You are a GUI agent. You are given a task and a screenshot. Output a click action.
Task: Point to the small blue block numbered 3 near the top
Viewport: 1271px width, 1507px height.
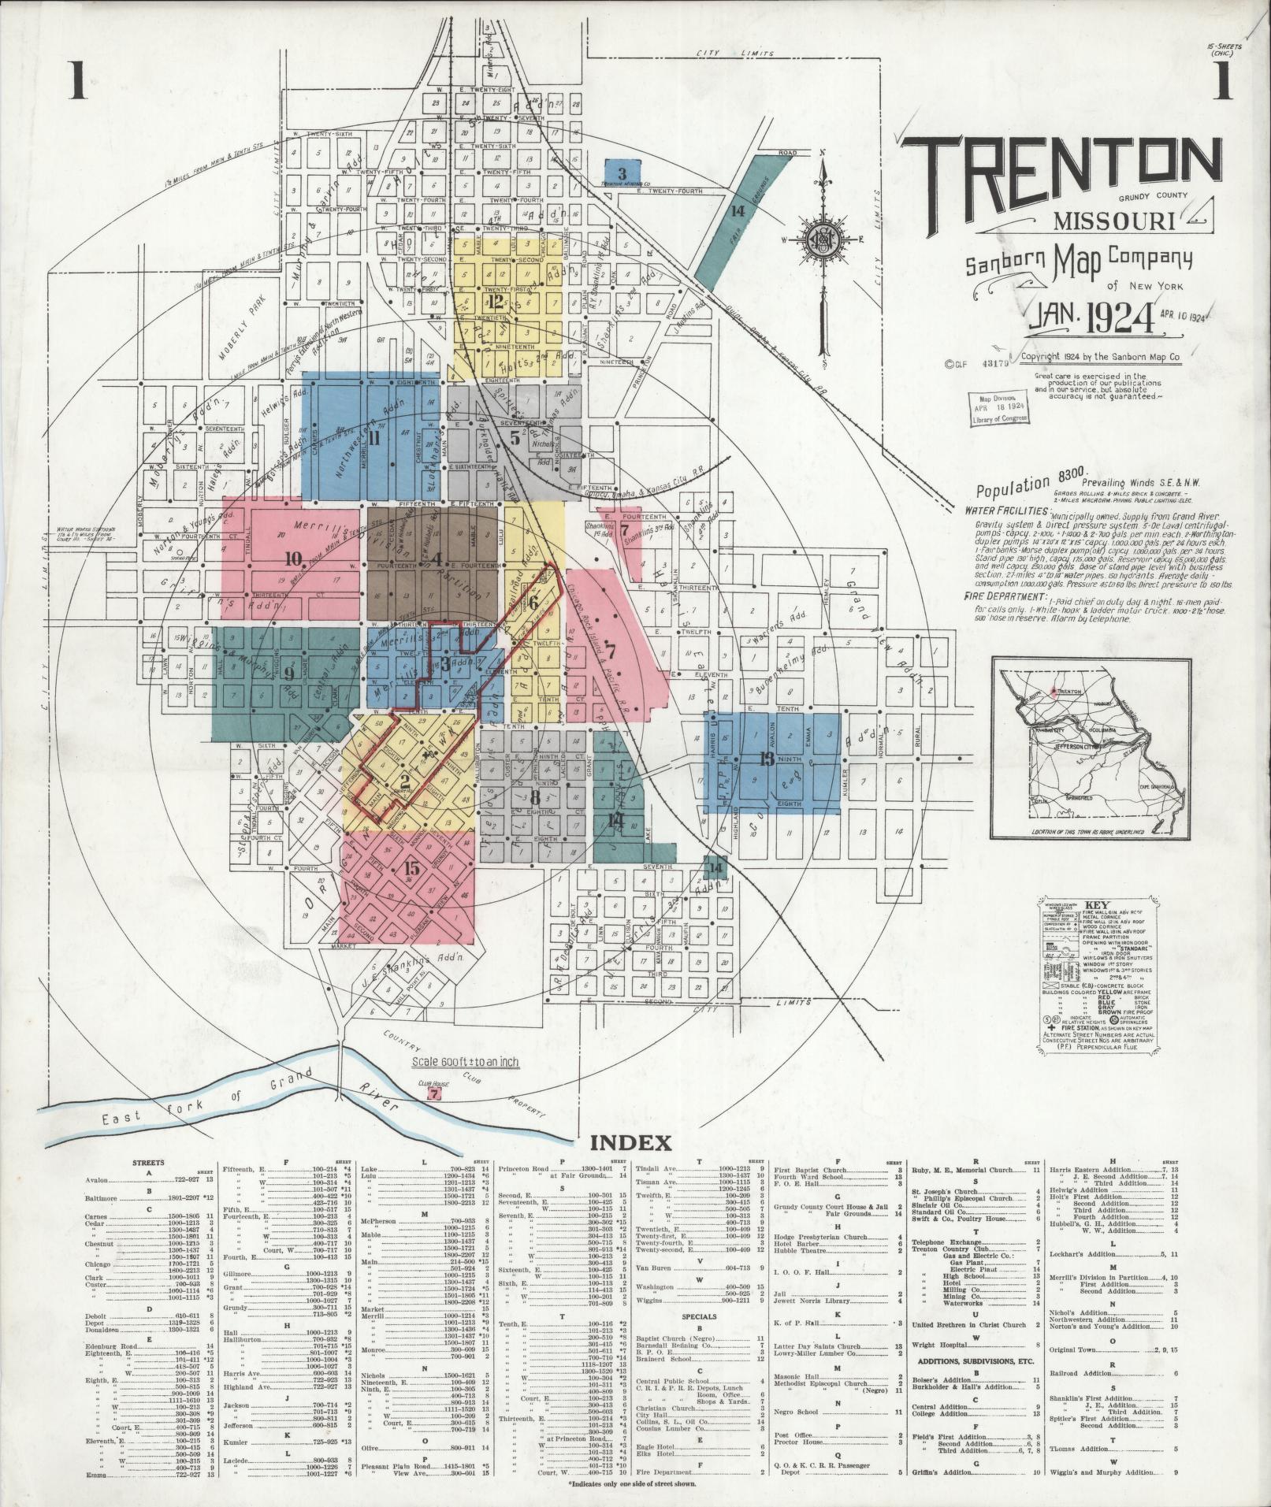(622, 173)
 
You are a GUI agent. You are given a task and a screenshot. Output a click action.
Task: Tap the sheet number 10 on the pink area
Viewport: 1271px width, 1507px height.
(294, 559)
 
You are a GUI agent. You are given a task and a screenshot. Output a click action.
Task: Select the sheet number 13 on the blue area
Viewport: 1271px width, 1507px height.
(765, 759)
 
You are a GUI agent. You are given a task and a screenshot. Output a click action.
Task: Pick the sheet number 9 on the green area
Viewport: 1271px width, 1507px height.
(288, 674)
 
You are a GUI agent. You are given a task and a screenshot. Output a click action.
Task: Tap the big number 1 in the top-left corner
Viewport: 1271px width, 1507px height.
(77, 82)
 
